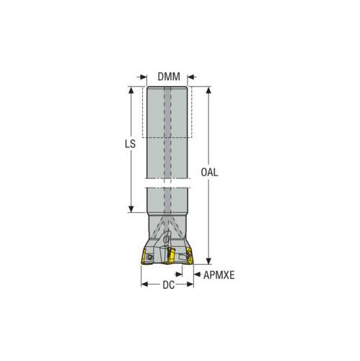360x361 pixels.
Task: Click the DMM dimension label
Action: point(168,77)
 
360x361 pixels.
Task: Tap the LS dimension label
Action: point(130,144)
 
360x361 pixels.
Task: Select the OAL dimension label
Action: point(208,173)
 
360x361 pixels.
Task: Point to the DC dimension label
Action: point(168,284)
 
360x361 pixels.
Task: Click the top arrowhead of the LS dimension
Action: point(131,90)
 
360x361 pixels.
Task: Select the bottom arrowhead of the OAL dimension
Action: point(208,264)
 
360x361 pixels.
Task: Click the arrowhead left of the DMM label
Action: point(139,77)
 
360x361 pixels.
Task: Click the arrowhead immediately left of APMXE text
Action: point(197,274)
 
